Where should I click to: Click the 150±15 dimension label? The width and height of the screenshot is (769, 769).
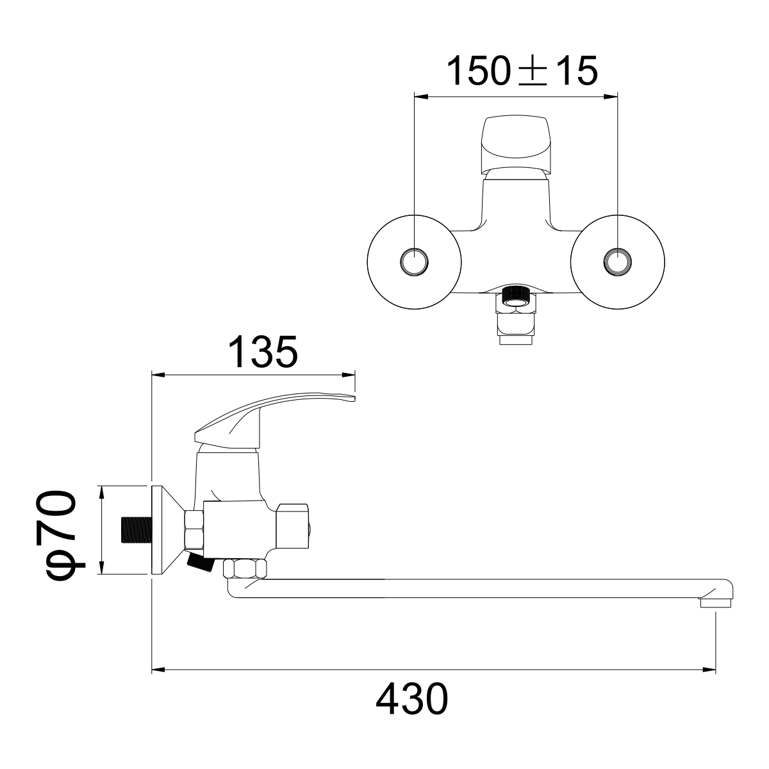pos(522,71)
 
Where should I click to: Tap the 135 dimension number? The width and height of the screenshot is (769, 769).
pos(263,352)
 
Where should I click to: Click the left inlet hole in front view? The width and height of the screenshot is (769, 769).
pos(415,262)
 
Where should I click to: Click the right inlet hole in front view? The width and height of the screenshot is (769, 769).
pos(617,262)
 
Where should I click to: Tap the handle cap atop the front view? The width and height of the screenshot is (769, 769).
pos(516,140)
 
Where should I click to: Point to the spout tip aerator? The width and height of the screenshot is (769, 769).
pos(716,602)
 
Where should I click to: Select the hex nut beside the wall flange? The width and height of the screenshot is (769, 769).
pos(194,529)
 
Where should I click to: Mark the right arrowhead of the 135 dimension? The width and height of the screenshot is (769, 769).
pos(349,376)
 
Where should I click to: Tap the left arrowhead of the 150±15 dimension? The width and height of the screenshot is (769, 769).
pos(421,97)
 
